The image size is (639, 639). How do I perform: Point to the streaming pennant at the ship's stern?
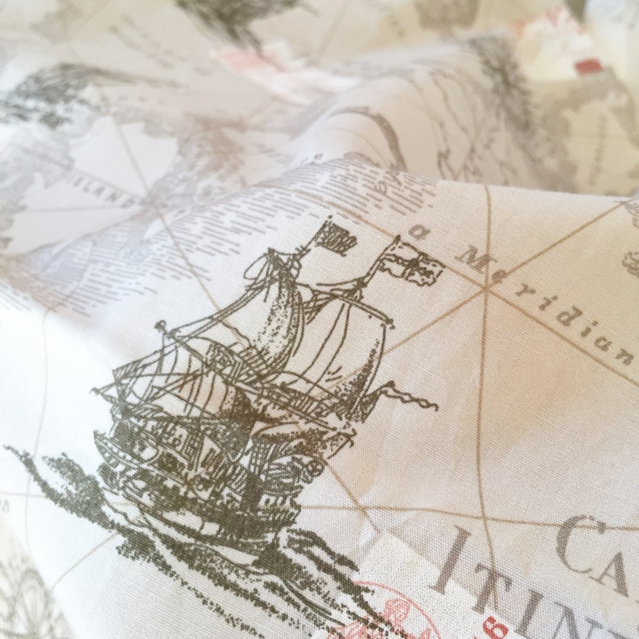(x=406, y=395)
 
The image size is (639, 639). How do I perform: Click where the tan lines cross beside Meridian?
(x=487, y=293)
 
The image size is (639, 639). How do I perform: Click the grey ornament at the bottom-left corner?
(x=24, y=596)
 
